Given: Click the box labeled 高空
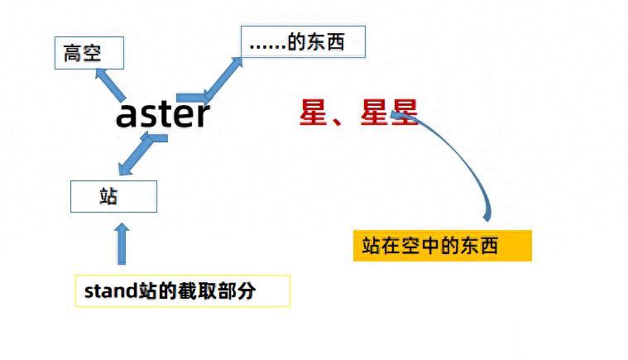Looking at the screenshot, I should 89,54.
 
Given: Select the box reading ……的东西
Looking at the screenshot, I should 303,41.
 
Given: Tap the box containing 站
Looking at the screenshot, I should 113,197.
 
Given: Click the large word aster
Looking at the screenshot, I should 163,115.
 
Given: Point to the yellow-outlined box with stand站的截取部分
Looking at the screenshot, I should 182,291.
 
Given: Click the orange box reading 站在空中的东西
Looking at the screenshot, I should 442,246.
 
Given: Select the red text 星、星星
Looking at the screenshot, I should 358,113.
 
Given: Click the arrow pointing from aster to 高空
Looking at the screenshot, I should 111,84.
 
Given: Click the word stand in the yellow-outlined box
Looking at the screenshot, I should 104,291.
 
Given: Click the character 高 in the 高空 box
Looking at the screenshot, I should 73,55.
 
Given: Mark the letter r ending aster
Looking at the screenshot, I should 202,116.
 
